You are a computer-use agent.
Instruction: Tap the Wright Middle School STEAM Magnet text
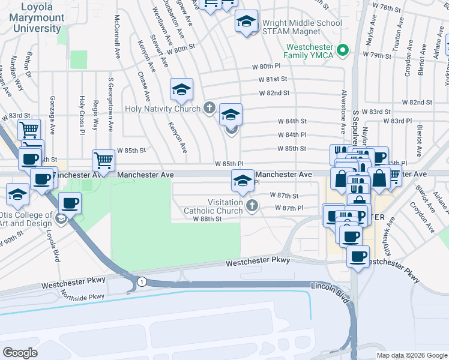click(x=294, y=28)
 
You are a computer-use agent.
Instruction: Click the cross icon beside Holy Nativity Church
click(x=209, y=109)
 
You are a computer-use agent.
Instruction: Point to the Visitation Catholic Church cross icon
click(x=252, y=206)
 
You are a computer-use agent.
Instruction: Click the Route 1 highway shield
click(x=141, y=281)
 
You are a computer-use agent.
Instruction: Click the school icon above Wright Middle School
click(x=246, y=22)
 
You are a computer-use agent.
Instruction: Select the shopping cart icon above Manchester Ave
click(x=103, y=160)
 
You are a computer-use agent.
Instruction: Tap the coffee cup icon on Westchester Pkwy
click(x=358, y=256)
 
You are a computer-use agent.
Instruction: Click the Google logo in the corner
click(x=20, y=352)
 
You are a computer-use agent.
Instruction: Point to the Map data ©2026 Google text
click(x=411, y=355)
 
